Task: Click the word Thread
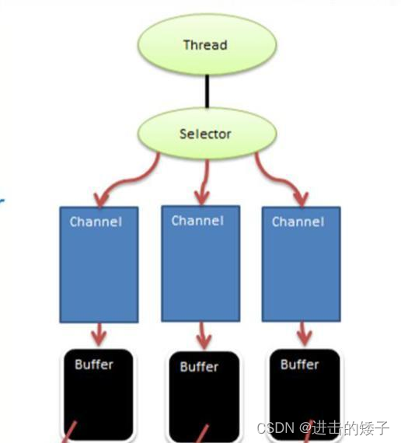[205, 44]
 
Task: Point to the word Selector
[205, 134]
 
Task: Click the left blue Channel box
[99, 264]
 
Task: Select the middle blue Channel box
[200, 264]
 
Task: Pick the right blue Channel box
[301, 264]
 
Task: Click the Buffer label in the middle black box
[199, 367]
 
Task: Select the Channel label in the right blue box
[298, 222]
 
